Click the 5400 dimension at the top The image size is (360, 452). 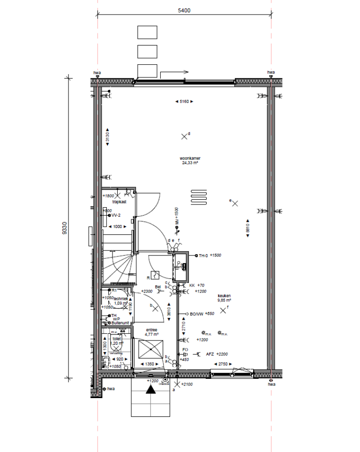[183, 11]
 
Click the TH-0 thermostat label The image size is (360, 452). [203, 256]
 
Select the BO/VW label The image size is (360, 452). [196, 314]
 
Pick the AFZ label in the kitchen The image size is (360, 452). [210, 354]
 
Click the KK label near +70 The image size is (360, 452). [192, 285]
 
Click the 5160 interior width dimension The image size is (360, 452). [183, 101]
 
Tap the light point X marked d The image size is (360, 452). [184, 136]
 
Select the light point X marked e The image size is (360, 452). [235, 203]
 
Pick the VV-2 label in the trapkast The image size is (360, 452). [116, 216]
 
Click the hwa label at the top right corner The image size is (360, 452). [271, 73]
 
